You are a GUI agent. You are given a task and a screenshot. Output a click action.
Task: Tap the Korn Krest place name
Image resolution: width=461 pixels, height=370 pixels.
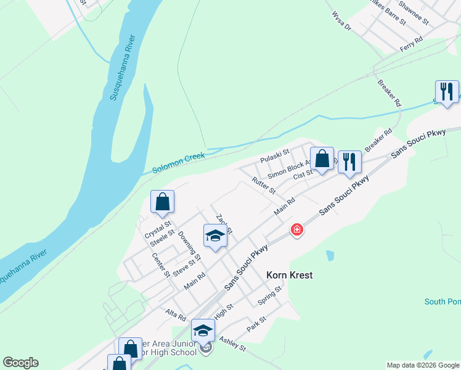click(289, 275)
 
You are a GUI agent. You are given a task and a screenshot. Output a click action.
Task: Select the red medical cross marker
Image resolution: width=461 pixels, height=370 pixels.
click(297, 230)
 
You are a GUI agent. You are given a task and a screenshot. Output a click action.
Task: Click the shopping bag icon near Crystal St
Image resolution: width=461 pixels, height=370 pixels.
click(162, 202)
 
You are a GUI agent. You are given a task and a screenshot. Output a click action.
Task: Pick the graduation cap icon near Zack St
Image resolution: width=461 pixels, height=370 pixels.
click(215, 236)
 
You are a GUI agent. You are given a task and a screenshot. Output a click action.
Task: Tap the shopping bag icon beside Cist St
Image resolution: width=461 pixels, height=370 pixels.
click(322, 159)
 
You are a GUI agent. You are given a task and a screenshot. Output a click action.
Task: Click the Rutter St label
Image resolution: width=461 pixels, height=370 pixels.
click(264, 186)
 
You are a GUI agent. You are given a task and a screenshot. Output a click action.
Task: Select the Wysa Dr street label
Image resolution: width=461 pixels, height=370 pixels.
click(341, 22)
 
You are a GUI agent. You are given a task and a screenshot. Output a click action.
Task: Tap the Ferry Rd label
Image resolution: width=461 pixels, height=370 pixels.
click(412, 43)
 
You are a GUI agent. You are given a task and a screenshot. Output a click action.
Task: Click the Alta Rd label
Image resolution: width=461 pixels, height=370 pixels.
click(176, 316)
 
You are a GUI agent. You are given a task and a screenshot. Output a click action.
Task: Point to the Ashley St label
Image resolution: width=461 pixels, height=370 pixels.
click(232, 343)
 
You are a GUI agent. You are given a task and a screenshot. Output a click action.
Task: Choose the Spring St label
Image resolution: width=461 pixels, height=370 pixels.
click(269, 295)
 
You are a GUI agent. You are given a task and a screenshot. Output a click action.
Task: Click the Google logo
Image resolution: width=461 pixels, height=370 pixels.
click(20, 363)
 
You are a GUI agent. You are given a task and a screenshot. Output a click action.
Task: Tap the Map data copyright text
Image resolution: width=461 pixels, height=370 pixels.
click(423, 365)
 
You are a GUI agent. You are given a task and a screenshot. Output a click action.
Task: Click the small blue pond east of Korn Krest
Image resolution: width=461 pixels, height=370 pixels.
click(330, 255)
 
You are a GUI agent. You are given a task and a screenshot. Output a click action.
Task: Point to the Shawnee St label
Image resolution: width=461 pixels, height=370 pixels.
click(414, 12)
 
